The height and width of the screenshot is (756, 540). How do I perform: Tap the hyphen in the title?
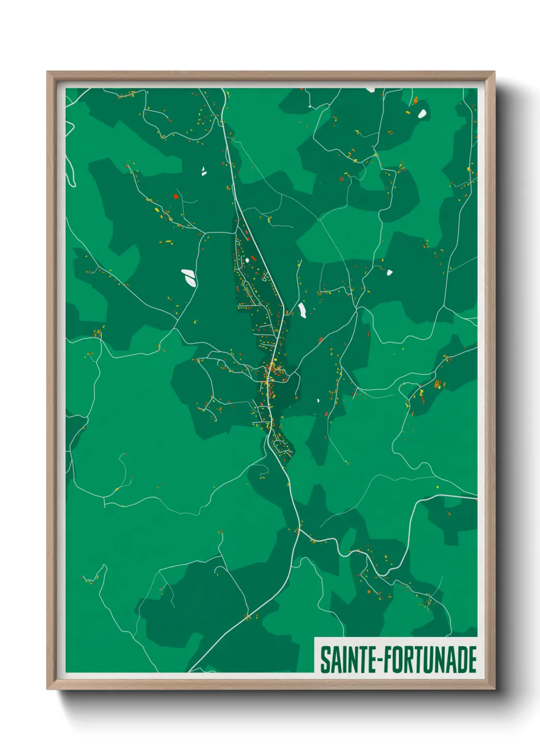pos(380,660)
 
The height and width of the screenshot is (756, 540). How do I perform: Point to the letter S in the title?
pos(324,659)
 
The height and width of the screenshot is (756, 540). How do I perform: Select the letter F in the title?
pos(387,659)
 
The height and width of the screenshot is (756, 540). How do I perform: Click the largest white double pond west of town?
pos(188,277)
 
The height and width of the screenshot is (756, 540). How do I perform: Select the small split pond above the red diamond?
pos(204,171)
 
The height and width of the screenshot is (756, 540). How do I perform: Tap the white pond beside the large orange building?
pos(422,113)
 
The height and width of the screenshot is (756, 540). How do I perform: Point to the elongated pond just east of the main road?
pos(302,310)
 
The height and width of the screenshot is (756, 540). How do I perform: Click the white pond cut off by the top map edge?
pos(370,90)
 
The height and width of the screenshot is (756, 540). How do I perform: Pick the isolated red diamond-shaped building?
pos(176,196)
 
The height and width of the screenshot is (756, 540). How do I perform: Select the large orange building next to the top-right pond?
pos(415,101)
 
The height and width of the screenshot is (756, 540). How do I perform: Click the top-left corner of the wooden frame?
pos(47,72)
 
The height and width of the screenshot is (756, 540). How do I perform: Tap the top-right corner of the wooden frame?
pos(494,72)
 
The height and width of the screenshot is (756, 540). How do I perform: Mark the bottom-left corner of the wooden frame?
pos(47,689)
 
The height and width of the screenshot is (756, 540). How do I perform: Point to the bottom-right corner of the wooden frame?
pos(494,689)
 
